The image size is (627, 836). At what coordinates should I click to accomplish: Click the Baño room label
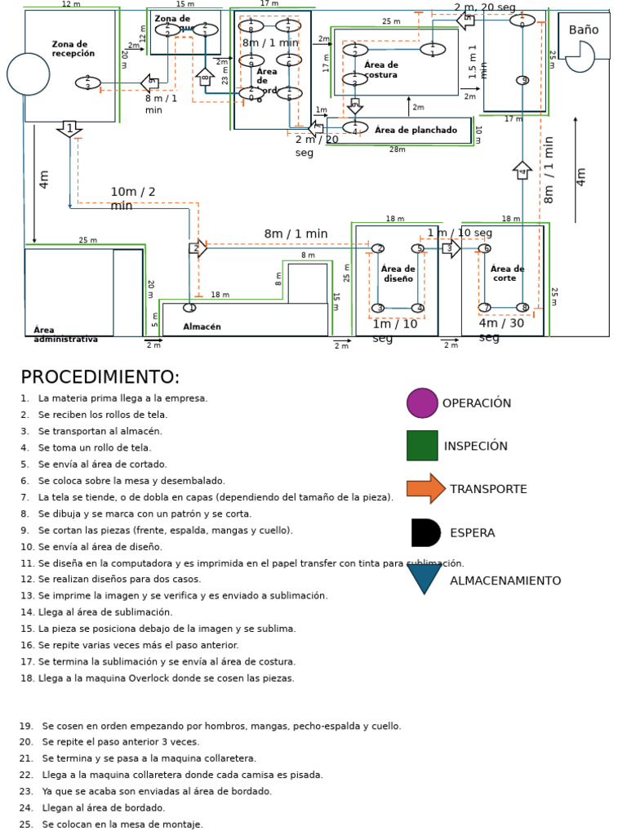click(x=583, y=30)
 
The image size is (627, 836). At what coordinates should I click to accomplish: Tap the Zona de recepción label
click(x=73, y=49)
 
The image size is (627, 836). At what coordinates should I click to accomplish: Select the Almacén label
click(x=202, y=327)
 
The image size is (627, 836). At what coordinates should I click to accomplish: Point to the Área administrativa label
click(x=65, y=335)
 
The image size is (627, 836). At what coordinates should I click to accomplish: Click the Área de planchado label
click(x=416, y=131)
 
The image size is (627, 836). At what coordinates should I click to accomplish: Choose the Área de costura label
click(x=380, y=70)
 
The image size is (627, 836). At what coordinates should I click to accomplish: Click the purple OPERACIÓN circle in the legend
click(x=422, y=403)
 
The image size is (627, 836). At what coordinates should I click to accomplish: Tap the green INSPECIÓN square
click(x=422, y=446)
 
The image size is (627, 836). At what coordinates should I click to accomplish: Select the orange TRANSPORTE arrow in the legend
click(x=425, y=489)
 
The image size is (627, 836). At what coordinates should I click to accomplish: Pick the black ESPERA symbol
click(x=425, y=532)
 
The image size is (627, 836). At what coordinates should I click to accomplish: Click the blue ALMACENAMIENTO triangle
click(x=425, y=579)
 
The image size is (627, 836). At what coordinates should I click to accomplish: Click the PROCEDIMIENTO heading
click(x=100, y=377)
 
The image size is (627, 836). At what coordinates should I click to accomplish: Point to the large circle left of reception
click(x=29, y=74)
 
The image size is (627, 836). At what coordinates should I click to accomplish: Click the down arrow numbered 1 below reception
click(x=69, y=129)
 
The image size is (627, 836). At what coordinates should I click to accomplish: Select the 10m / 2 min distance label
click(x=133, y=199)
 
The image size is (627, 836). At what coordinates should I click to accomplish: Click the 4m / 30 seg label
click(x=501, y=330)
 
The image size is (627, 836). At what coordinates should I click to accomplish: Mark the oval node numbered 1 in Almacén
click(x=189, y=308)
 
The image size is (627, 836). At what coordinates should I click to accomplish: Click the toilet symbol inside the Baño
click(x=580, y=56)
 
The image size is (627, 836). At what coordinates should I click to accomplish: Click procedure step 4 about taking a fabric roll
click(x=94, y=448)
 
